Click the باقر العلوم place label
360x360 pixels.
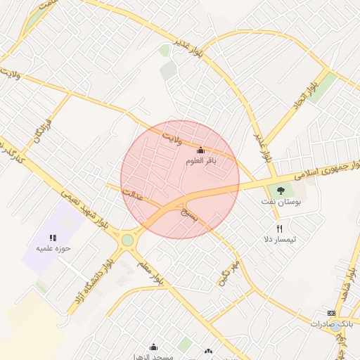pos(200,161)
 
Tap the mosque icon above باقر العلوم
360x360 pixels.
pos(200,150)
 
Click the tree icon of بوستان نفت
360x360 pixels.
pos(281,190)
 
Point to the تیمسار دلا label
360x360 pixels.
pos(279,239)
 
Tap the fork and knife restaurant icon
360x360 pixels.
pos(279,229)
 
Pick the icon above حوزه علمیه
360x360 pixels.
pos(53,238)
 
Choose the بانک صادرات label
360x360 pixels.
pos(330,324)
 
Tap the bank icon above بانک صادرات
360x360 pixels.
pos(331,314)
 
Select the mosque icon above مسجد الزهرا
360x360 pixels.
pos(154,347)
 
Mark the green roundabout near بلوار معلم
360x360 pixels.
pos(127,240)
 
